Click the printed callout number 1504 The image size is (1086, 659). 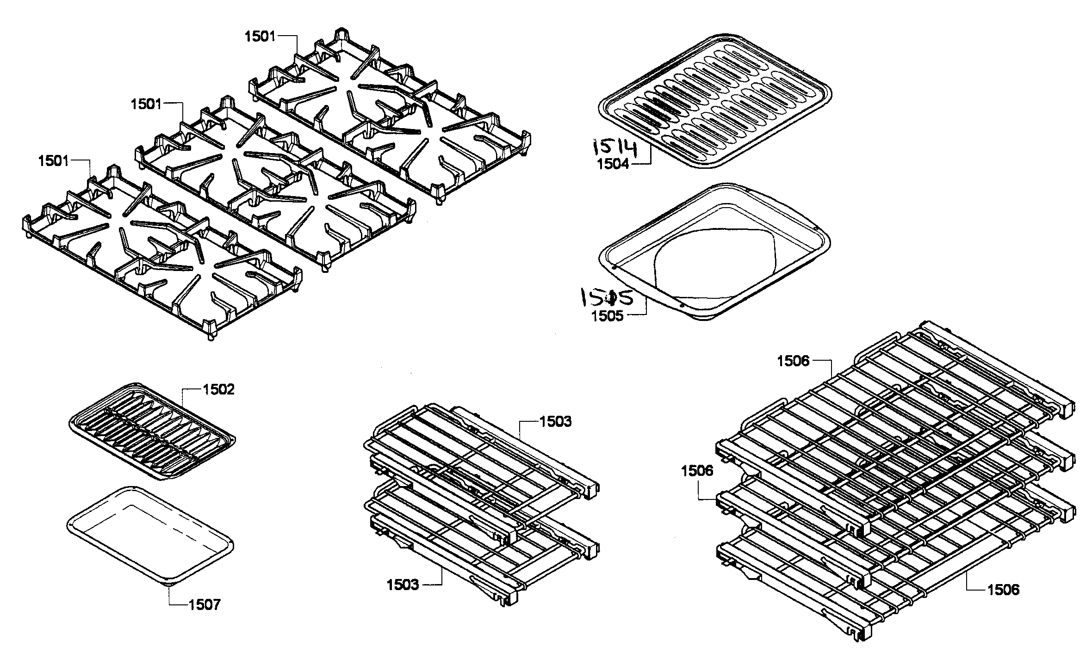click(613, 164)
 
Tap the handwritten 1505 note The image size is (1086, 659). click(606, 297)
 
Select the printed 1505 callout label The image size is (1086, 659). click(608, 316)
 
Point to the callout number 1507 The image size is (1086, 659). click(205, 604)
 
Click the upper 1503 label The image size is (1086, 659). click(555, 422)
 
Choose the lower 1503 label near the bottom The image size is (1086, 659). click(403, 585)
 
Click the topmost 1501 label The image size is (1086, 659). click(260, 37)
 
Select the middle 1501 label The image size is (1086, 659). click(146, 104)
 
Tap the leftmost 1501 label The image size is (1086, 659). click(54, 161)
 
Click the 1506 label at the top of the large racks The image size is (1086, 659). click(793, 361)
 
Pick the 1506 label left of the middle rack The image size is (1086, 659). click(697, 471)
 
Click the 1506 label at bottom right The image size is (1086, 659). click(1003, 590)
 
